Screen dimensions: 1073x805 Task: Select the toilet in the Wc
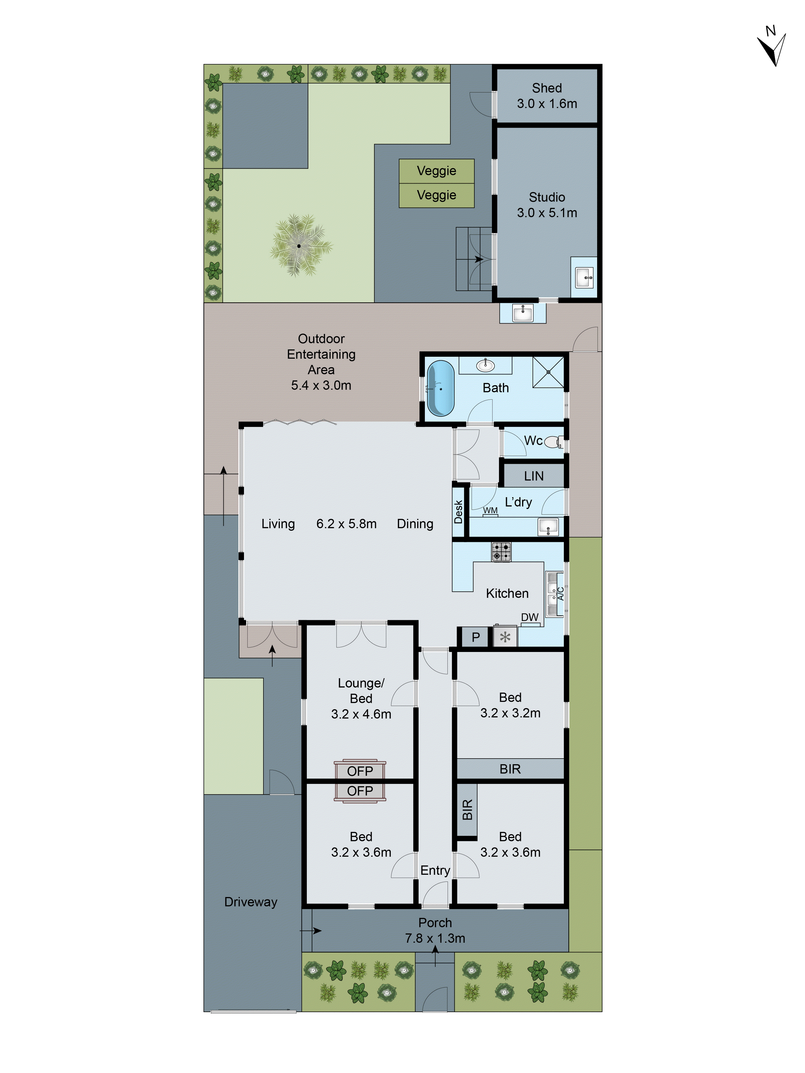553,442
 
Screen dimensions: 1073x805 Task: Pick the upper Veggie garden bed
436,171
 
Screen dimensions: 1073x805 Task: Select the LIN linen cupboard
533,476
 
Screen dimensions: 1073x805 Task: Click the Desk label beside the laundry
458,512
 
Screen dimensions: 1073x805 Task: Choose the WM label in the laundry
490,510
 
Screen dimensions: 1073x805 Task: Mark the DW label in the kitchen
529,617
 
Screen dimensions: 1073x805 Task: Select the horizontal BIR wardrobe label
510,769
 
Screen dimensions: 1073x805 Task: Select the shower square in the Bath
548,372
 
